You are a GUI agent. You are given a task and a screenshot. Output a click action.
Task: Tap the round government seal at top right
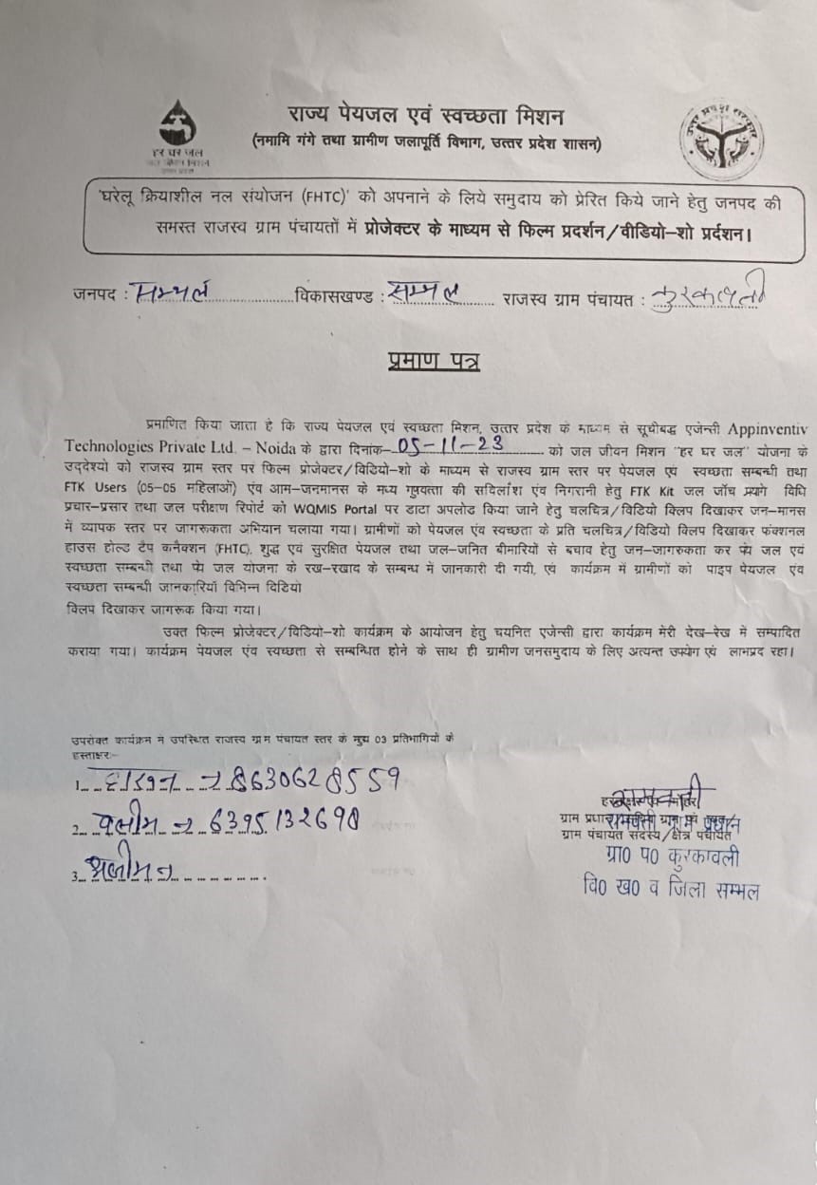click(720, 140)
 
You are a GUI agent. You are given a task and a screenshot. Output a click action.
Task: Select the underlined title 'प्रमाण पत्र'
click(433, 361)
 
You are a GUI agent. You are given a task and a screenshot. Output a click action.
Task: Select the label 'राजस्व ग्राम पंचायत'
click(569, 300)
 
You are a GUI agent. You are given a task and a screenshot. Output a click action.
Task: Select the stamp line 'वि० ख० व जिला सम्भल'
click(671, 889)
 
